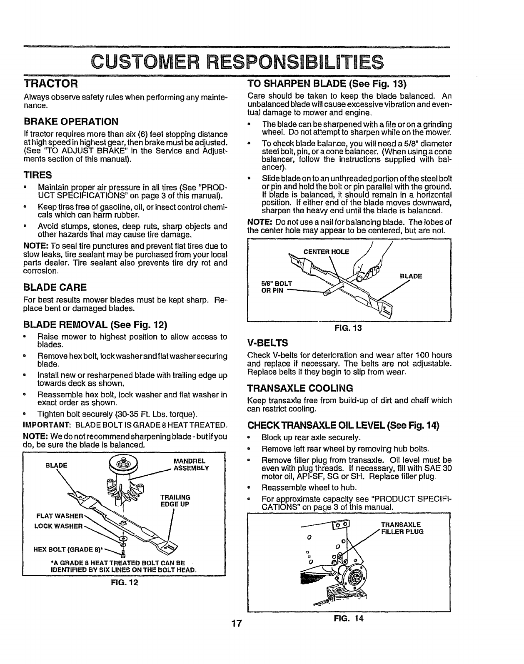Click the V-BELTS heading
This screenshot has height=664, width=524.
coord(267,343)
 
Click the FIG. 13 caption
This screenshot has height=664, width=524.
coord(349,328)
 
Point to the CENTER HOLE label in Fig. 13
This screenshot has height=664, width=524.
coord(327,251)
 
